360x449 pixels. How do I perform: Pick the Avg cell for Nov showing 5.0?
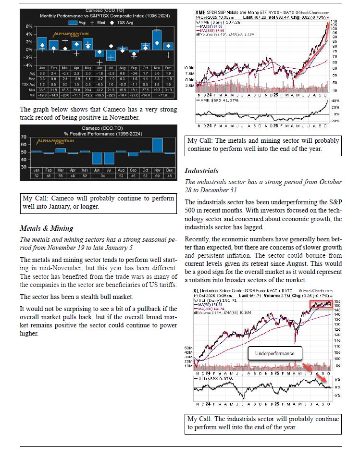click(157, 73)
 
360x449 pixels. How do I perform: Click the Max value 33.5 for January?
click(41, 89)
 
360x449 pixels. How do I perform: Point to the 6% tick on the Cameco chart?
click(29, 26)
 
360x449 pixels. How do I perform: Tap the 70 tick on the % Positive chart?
click(23, 137)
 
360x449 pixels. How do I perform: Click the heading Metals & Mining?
click(46, 228)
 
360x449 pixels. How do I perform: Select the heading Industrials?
click(201, 171)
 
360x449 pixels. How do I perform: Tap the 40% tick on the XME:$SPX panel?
click(334, 100)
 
